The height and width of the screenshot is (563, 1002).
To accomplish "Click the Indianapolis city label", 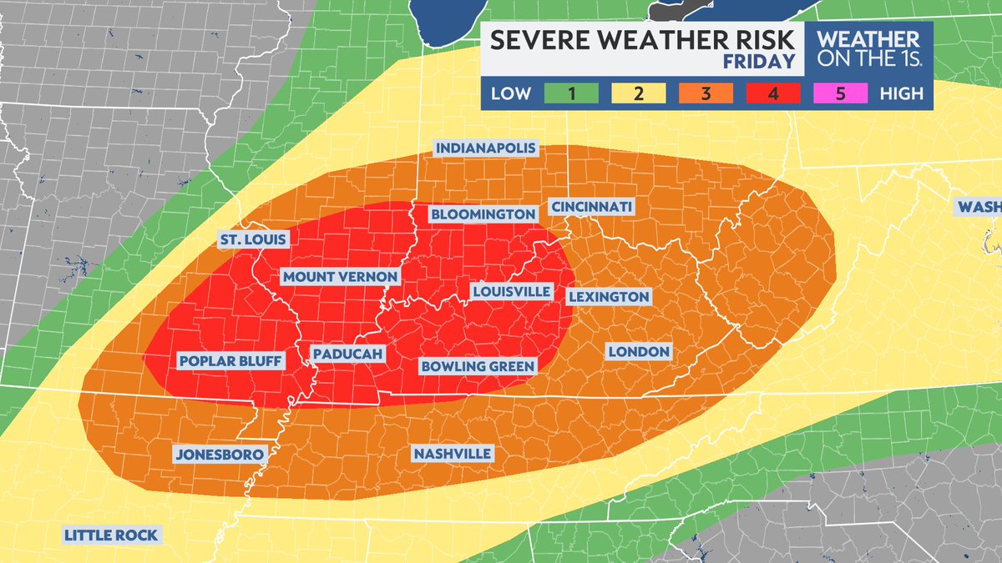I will coord(485,148).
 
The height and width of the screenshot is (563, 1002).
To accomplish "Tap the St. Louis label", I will coord(253,240).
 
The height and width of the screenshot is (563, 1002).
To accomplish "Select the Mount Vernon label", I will coord(340,277).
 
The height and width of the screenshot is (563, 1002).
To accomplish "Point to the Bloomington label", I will coord(483,214).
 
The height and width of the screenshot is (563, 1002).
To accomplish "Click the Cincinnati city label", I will coord(591,207).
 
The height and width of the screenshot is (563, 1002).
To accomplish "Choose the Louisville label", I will coord(511,292).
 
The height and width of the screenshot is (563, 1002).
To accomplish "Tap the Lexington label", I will coord(608,297).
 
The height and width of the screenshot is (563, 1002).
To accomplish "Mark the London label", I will coord(638,352).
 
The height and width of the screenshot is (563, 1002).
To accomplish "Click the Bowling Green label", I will coord(477,366).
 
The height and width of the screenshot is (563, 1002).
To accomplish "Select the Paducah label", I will coord(347,355).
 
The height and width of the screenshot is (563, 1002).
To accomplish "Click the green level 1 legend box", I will coord(572,93).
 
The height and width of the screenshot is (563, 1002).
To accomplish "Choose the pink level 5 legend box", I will coord(840,93).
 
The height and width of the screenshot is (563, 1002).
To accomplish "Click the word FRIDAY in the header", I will coord(759,63).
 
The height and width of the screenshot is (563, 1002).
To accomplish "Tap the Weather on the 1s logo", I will coord(868,49).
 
